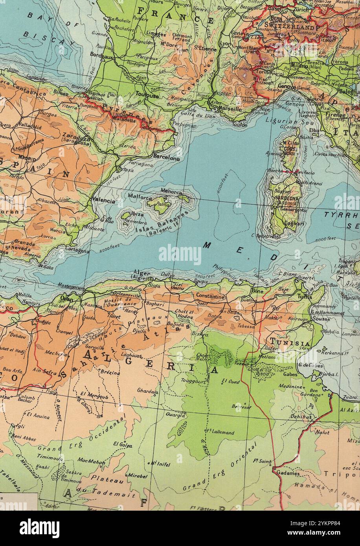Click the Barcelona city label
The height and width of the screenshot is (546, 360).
pos(167,158)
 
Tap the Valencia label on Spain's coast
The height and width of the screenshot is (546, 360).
pos(104,200)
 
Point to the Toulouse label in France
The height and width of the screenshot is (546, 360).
pos(147,95)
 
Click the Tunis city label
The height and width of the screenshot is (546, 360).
pos(305,297)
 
